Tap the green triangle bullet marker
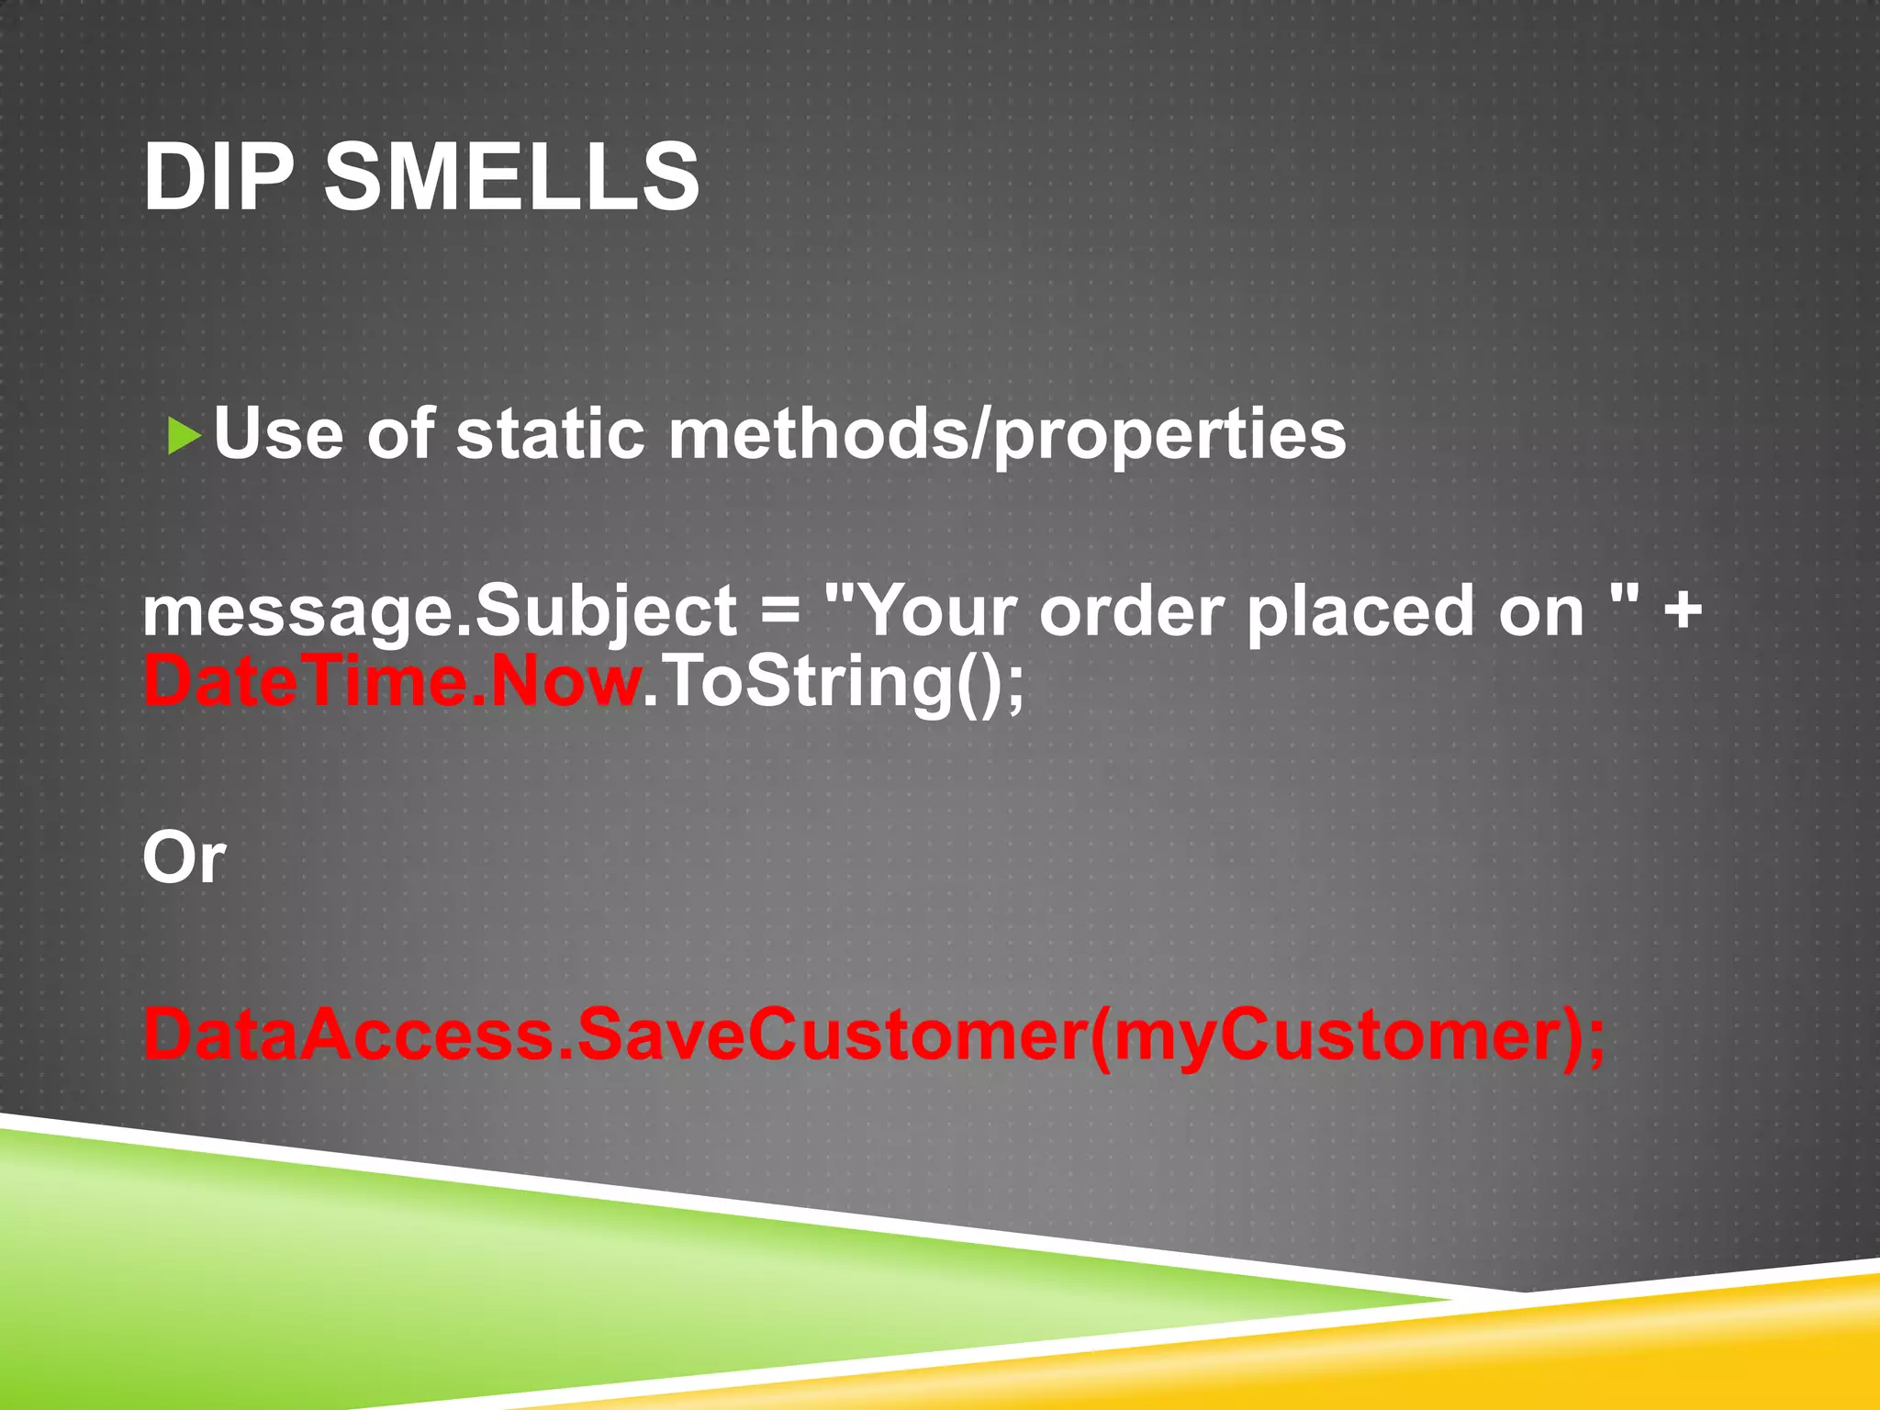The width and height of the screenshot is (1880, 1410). pyautogui.click(x=184, y=436)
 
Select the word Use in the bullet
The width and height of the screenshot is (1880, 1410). pyautogui.click(x=278, y=433)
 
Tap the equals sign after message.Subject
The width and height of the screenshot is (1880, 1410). pyautogui.click(x=781, y=610)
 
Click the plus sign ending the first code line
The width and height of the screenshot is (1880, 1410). pyautogui.click(x=1683, y=610)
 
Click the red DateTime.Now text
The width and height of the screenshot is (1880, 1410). pyautogui.click(x=393, y=682)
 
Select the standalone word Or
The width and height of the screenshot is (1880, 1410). pyautogui.click(x=184, y=857)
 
